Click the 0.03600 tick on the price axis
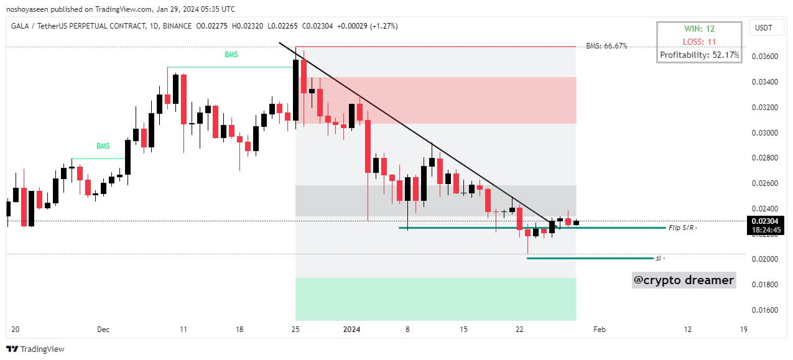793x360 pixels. pos(765,57)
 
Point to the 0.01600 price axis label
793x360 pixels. pos(765,310)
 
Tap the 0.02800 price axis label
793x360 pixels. pos(765,158)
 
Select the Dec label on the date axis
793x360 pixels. pos(103,330)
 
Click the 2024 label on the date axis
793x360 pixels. pos(351,330)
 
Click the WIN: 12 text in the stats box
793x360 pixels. pos(700,29)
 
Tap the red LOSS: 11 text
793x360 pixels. pos(700,42)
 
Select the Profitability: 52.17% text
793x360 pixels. pos(700,55)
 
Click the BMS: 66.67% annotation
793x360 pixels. pos(606,46)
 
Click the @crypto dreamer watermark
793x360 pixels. pos(684,280)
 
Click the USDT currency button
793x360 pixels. pos(763,28)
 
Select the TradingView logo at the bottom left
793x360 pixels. pos(35,349)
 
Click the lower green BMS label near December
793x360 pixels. pos(103,147)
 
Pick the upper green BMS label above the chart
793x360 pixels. pos(231,55)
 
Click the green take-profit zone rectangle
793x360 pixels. pos(435,298)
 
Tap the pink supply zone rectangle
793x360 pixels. pos(435,100)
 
